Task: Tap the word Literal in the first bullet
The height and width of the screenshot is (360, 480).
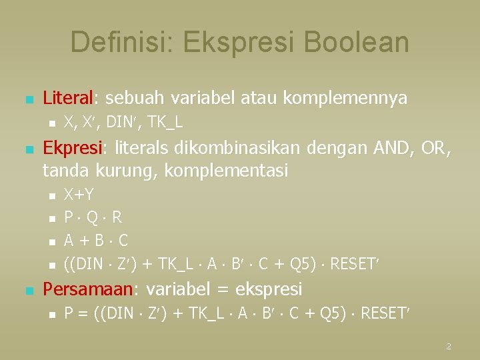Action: pyautogui.click(x=69, y=99)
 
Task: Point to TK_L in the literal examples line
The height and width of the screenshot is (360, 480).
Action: pyautogui.click(x=165, y=123)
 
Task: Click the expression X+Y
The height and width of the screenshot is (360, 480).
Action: pyautogui.click(x=79, y=195)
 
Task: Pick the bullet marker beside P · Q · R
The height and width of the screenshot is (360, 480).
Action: pyautogui.click(x=50, y=219)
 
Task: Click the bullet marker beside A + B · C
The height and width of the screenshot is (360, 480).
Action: pyautogui.click(x=50, y=241)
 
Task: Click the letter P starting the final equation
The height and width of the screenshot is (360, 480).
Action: pyautogui.click(x=68, y=313)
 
